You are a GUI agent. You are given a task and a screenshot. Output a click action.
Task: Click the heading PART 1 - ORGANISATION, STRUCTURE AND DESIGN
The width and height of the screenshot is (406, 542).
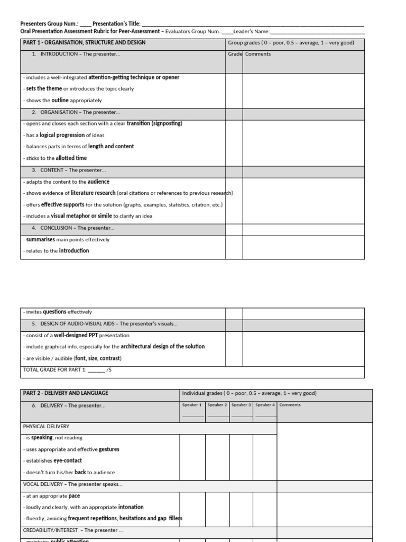[84, 43]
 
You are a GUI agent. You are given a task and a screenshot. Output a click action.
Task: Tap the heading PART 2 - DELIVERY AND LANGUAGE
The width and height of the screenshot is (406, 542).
[66, 393]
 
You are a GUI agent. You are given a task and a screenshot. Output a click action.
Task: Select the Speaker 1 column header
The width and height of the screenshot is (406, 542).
[192, 405]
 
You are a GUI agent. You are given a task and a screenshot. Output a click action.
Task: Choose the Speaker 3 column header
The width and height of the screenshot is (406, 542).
[241, 405]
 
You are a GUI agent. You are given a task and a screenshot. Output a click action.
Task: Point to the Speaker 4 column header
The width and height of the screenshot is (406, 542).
[265, 405]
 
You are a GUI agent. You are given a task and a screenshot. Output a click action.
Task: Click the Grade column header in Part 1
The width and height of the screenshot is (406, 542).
[235, 54]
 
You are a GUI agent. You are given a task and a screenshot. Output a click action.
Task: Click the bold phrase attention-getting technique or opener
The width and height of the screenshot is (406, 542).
[134, 77]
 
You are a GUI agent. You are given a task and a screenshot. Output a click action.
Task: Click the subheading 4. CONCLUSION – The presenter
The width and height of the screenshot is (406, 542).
[73, 228]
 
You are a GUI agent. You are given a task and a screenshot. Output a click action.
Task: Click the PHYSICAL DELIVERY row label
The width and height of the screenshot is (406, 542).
[46, 426]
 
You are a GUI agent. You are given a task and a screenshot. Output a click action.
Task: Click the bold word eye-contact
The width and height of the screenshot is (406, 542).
[68, 460]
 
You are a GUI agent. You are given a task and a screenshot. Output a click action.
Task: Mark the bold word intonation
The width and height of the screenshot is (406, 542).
[131, 507]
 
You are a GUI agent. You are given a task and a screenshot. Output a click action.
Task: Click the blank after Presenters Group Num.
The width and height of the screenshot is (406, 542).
[85, 24]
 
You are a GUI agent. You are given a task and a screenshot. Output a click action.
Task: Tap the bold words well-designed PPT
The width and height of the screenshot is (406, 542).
[80, 336]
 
